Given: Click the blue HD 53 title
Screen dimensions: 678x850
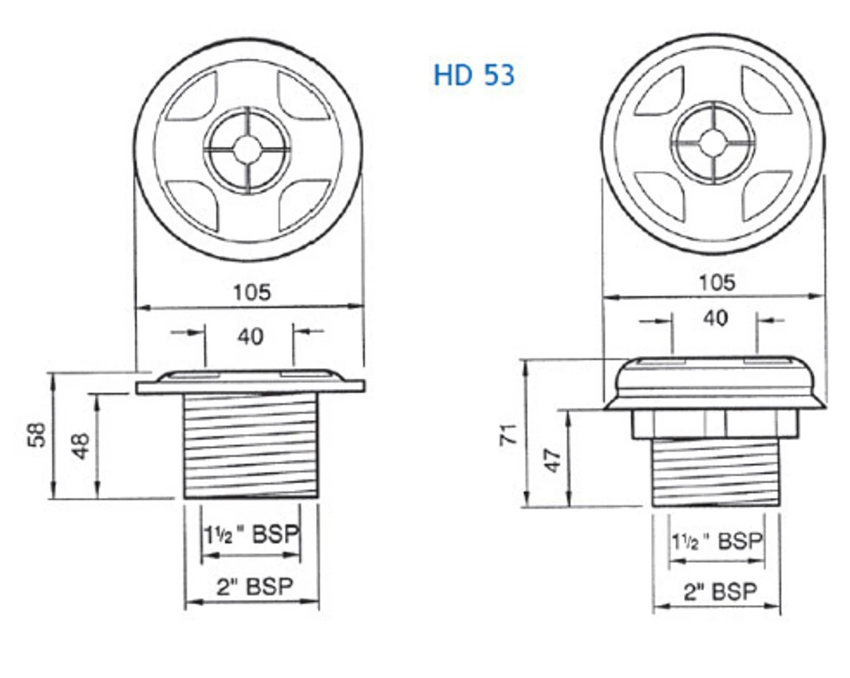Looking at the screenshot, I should click(x=474, y=75).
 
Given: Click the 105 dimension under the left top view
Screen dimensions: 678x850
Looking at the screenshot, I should click(x=252, y=292).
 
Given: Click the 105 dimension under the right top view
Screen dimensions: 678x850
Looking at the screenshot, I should click(x=717, y=282).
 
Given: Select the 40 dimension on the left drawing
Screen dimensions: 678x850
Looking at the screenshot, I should click(x=250, y=336).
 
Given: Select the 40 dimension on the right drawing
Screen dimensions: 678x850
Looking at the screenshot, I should click(x=715, y=318).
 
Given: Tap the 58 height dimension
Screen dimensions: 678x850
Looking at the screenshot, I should click(x=38, y=435).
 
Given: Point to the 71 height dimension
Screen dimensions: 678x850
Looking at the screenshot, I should click(x=509, y=435).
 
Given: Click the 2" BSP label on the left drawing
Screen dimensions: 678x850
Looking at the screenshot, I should click(x=254, y=586).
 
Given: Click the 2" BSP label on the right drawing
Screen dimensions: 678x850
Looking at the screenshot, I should click(x=720, y=591).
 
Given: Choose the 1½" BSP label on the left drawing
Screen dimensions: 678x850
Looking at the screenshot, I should click(x=252, y=534).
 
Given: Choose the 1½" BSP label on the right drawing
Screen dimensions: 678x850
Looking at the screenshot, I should click(x=717, y=541).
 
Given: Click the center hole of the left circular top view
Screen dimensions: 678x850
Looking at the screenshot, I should click(x=247, y=148).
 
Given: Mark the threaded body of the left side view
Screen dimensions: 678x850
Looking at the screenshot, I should click(x=251, y=445).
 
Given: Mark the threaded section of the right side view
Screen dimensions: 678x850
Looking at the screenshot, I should click(x=716, y=472).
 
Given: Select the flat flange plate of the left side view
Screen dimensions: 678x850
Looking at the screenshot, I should click(x=251, y=387).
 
